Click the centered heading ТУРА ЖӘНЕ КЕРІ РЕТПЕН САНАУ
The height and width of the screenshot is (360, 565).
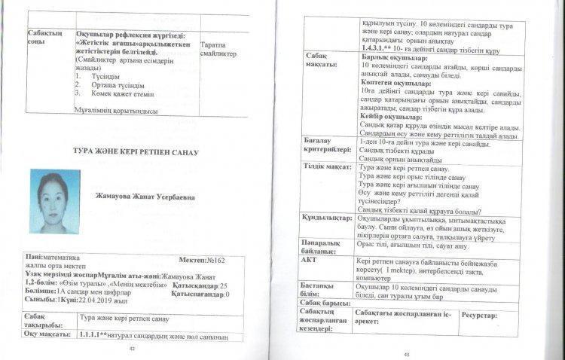tap(136, 152)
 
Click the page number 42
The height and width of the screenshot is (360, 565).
tap(133, 349)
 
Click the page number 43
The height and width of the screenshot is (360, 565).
tap(408, 352)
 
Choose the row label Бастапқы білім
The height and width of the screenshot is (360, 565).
tap(322, 290)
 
